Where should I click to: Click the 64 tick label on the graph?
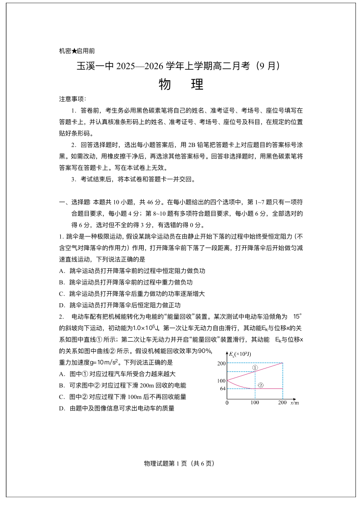coord(222,388)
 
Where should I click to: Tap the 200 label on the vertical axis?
coord(221,363)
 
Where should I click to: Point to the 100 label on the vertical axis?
coord(221,381)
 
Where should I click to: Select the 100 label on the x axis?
coord(255,402)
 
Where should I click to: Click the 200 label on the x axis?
coord(282,402)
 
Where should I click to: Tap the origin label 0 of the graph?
coord(227,402)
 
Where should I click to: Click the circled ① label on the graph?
coord(255,368)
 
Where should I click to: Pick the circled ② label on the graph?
coord(260,385)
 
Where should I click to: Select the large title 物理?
coord(180,84)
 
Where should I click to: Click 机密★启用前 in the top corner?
coord(77,51)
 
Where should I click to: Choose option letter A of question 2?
coord(61,374)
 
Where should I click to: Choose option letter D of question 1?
coord(61,305)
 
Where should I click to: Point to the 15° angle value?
coord(297,316)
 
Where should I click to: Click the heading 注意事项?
coord(73,99)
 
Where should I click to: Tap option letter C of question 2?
coord(61,397)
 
